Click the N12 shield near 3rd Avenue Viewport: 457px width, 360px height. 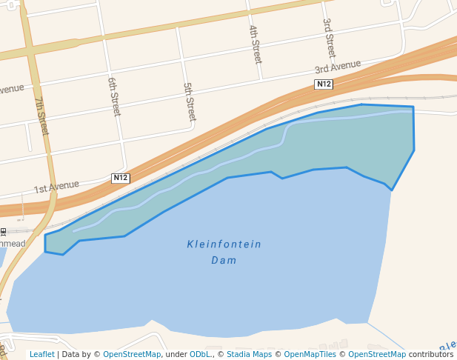click(324, 84)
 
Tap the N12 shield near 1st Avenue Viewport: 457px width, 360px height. click(121, 178)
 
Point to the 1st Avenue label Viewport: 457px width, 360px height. click(56, 186)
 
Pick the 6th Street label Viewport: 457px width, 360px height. click(114, 96)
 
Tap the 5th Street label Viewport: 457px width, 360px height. click(190, 101)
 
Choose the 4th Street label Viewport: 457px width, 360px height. click(255, 44)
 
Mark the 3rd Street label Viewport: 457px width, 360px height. click(329, 38)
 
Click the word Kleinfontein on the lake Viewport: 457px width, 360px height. click(224, 244)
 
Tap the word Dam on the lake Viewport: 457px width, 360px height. click(224, 260)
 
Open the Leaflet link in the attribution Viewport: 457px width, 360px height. click(41, 354)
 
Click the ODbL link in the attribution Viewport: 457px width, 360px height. click(201, 354)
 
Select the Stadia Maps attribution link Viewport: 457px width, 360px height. click(249, 354)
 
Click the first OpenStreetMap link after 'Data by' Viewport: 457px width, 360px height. click(132, 354)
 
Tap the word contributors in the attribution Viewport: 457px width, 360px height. click(430, 354)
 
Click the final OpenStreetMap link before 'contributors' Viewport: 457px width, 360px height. click(377, 354)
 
